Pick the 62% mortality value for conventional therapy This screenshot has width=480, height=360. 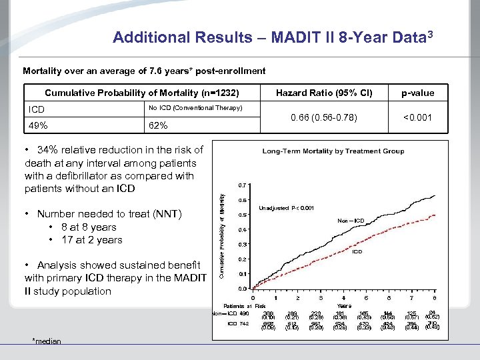click(158, 125)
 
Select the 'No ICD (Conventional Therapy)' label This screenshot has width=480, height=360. click(195, 108)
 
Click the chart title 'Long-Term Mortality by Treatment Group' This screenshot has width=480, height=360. click(333, 151)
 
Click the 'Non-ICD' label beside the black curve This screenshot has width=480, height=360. click(351, 221)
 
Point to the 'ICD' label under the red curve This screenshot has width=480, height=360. click(357, 252)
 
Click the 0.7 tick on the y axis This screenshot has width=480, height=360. click(243, 185)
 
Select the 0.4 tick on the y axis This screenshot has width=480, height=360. click(243, 229)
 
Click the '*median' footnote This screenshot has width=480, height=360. click(47, 341)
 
